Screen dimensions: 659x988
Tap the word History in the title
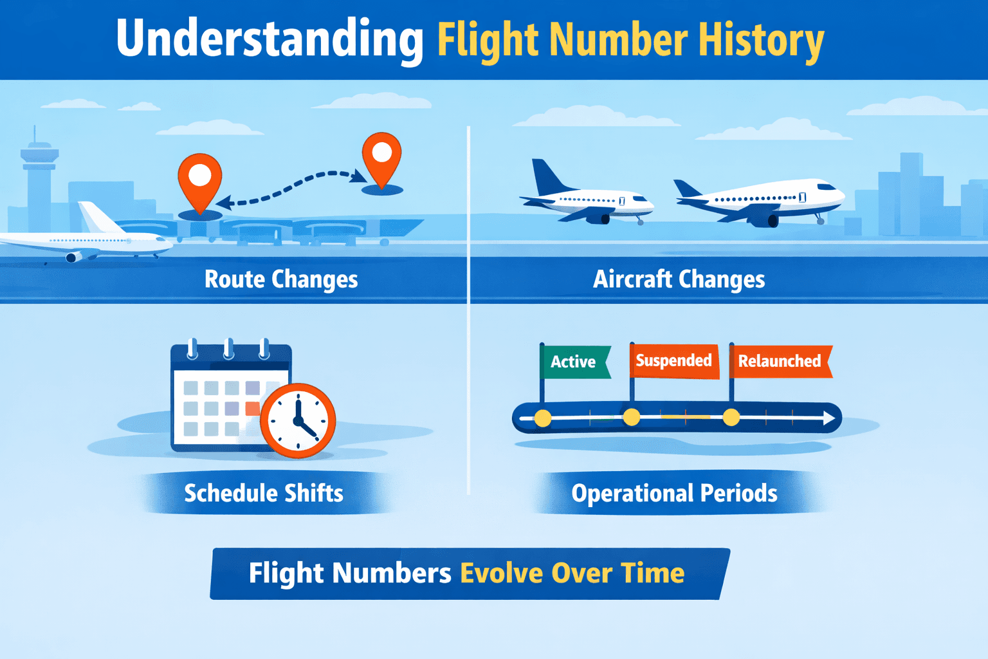761,40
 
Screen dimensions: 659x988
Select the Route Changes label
281,279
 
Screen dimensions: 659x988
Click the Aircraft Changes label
679,279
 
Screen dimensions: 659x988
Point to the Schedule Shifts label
264,493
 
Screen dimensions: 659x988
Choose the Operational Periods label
674,493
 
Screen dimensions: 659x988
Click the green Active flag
574,362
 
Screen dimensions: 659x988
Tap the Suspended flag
673,360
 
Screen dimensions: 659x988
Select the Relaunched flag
780,361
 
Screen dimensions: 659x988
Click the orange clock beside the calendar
298,421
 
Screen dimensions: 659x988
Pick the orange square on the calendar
252,408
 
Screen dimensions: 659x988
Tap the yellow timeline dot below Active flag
543,418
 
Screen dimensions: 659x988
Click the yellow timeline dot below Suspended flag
632,418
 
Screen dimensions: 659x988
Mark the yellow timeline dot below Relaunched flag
731,418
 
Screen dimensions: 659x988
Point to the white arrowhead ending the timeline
829,418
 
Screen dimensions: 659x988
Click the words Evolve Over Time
572,573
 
